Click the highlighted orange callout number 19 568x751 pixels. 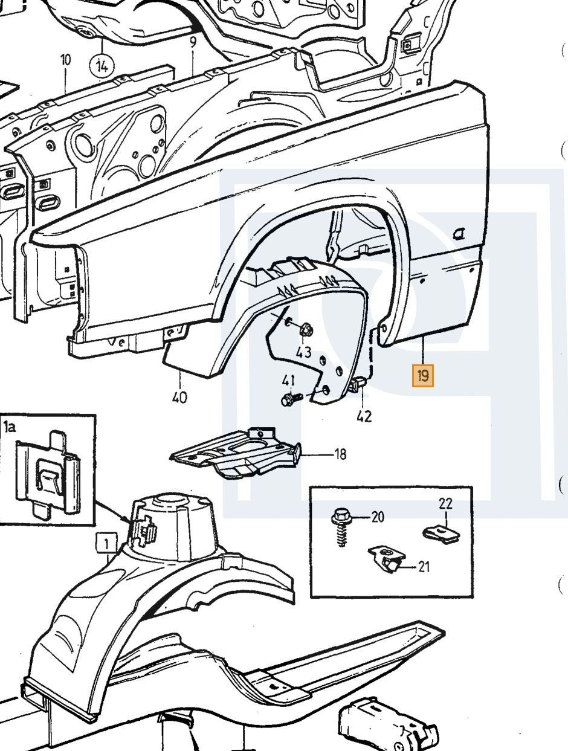click(x=423, y=376)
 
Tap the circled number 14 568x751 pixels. click(x=102, y=65)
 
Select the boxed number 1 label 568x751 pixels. click(x=107, y=543)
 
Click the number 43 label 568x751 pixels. click(x=304, y=352)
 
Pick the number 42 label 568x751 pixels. click(x=364, y=416)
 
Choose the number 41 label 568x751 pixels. click(x=288, y=380)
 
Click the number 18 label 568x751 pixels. click(x=340, y=454)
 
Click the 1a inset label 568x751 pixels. click(x=10, y=427)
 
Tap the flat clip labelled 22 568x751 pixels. click(x=441, y=535)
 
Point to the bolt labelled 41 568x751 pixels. click(x=291, y=399)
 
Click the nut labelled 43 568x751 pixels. click(x=306, y=330)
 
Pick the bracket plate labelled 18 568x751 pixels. click(x=236, y=453)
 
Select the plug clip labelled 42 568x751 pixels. click(x=358, y=384)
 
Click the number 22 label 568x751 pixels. click(x=445, y=504)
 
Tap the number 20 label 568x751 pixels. click(x=378, y=517)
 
